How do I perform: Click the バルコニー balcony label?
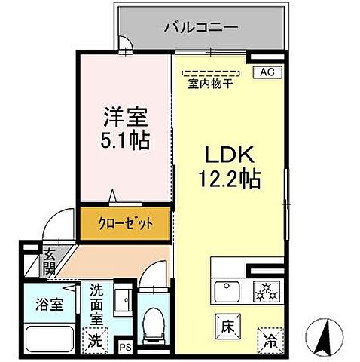(200, 27)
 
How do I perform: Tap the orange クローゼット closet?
(127, 222)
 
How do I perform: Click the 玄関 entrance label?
(49, 260)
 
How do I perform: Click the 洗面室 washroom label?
(98, 303)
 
